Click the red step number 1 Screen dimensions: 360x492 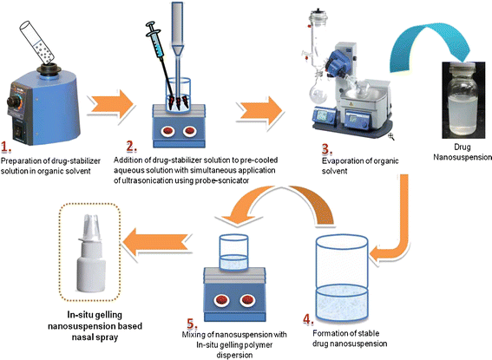(x=9, y=149)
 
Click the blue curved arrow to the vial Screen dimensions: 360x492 (x=427, y=43)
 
